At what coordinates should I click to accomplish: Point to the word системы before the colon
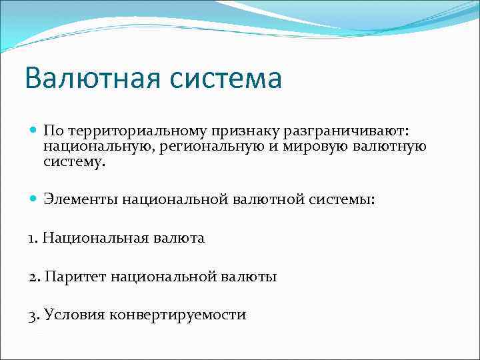pyautogui.click(x=343, y=198)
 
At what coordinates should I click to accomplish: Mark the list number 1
pyautogui.click(x=33, y=237)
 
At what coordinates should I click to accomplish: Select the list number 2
pyautogui.click(x=33, y=276)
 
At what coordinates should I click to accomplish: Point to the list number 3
pyautogui.click(x=33, y=315)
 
